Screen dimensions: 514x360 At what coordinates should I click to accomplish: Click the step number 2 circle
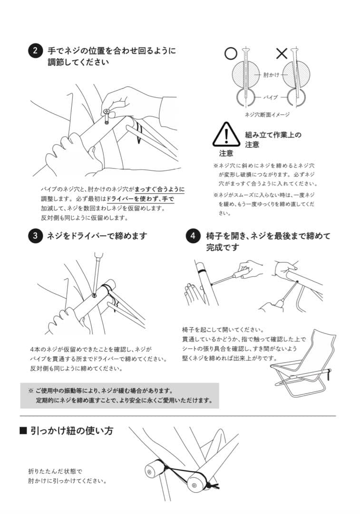point(35,51)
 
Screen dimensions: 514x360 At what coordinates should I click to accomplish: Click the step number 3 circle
point(35,236)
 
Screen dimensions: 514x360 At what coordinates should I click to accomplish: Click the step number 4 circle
point(193,236)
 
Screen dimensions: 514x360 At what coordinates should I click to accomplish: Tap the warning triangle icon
point(226,135)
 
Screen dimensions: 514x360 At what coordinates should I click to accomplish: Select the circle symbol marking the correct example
point(231,53)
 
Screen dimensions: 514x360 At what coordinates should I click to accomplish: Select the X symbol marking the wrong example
point(282,53)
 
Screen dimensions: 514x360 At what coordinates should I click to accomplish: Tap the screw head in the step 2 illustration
point(107,112)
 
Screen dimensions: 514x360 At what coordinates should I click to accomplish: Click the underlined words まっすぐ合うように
point(159,189)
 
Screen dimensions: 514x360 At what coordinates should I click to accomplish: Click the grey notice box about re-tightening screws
point(119,395)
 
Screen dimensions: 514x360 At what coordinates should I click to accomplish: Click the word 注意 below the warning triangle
point(226,153)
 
